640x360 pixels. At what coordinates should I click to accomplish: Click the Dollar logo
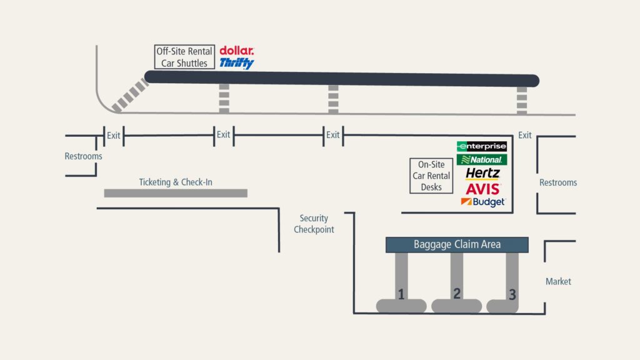pos(237,51)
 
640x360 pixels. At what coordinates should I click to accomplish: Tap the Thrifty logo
pos(236,63)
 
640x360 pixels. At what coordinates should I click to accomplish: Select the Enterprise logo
pos(482,146)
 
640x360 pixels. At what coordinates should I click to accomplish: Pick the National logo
pos(482,160)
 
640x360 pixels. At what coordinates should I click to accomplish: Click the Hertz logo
pos(482,174)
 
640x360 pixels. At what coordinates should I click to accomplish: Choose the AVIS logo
pos(482,188)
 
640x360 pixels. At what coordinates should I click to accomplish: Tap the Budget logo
pos(482,202)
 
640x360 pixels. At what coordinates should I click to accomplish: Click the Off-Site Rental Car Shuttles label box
pos(184,57)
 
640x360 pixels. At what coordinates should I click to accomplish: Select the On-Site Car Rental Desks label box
pos(431,176)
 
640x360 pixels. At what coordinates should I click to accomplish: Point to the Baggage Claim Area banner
pos(457,244)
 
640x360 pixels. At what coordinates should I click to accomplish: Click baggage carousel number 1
pos(401,294)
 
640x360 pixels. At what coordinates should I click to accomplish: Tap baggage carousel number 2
pos(457,294)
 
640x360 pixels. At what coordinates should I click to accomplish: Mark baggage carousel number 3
pos(512,295)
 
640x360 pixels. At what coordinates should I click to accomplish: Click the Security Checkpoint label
pos(314,224)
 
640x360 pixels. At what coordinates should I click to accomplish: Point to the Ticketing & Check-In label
pos(180,182)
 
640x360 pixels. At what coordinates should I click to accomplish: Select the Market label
pos(558,281)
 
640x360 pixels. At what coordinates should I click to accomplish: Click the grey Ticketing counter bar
pos(176,193)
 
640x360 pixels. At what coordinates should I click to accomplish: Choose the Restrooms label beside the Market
pos(558,182)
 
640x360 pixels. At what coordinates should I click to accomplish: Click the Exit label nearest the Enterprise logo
pos(525,135)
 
